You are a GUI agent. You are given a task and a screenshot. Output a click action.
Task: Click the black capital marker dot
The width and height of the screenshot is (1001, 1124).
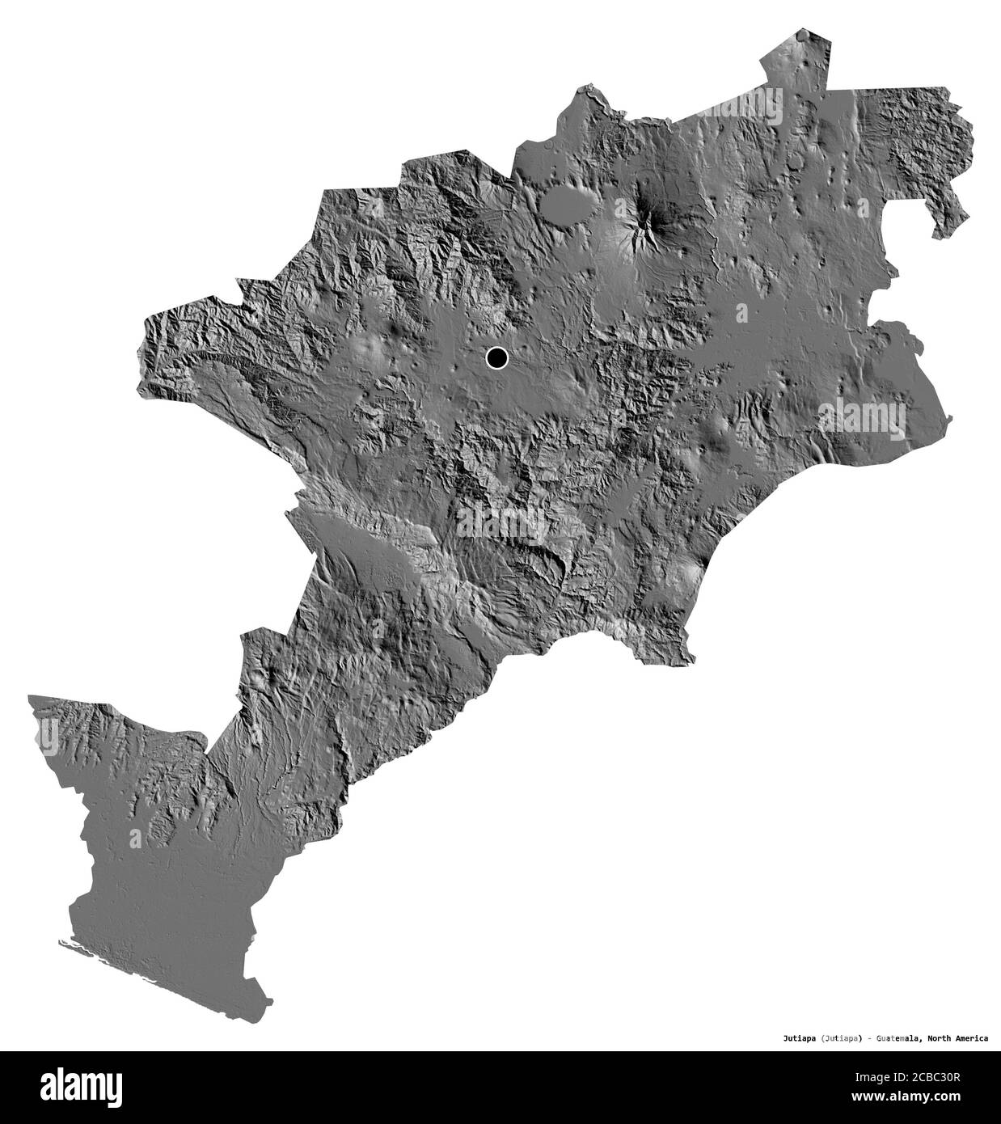[x=496, y=357]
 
